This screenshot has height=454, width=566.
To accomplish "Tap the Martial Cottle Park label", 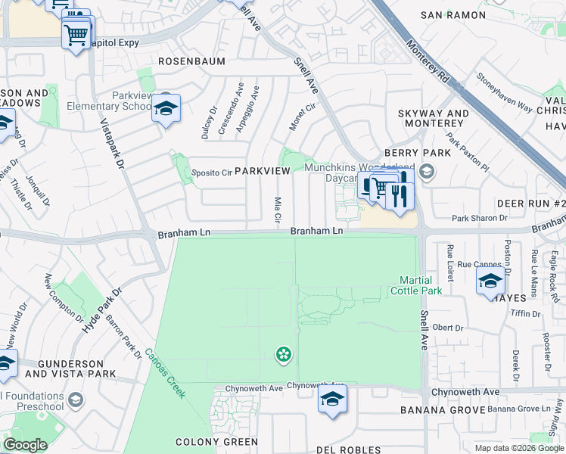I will pos(415,285).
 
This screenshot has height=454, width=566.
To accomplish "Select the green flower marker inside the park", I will pos(284,353).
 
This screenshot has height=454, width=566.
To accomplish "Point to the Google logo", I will pos(25,445).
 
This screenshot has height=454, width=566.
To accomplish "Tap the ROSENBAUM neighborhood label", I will pos(191,61).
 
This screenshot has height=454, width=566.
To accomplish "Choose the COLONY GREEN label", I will pos(216,442).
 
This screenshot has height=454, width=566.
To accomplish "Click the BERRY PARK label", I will pos(417,153).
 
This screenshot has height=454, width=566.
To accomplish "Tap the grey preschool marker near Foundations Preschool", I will pos(75,399).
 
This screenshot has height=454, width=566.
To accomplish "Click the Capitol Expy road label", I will pos(114,43).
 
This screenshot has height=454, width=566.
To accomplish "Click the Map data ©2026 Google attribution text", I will pos(518,447).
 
